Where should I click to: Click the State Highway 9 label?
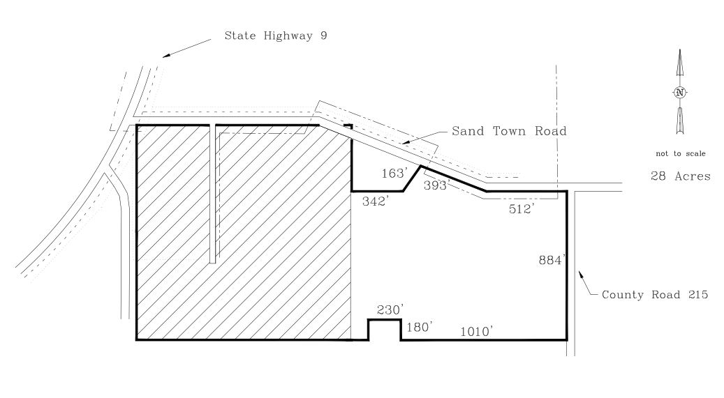(276, 36)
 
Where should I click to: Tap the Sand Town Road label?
(509, 131)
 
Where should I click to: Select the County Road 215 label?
(655, 295)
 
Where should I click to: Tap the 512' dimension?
(522, 209)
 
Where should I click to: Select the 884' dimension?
(552, 260)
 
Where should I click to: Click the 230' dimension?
(391, 310)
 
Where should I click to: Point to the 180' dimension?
(420, 327)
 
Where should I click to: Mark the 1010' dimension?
(477, 332)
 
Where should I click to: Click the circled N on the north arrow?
(679, 92)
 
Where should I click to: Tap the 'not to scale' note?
(681, 153)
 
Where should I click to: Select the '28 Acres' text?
(681, 176)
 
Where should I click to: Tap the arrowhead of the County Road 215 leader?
(581, 275)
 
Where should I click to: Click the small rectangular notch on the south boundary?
(384, 330)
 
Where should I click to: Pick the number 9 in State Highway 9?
(324, 36)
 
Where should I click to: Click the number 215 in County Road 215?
(698, 295)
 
